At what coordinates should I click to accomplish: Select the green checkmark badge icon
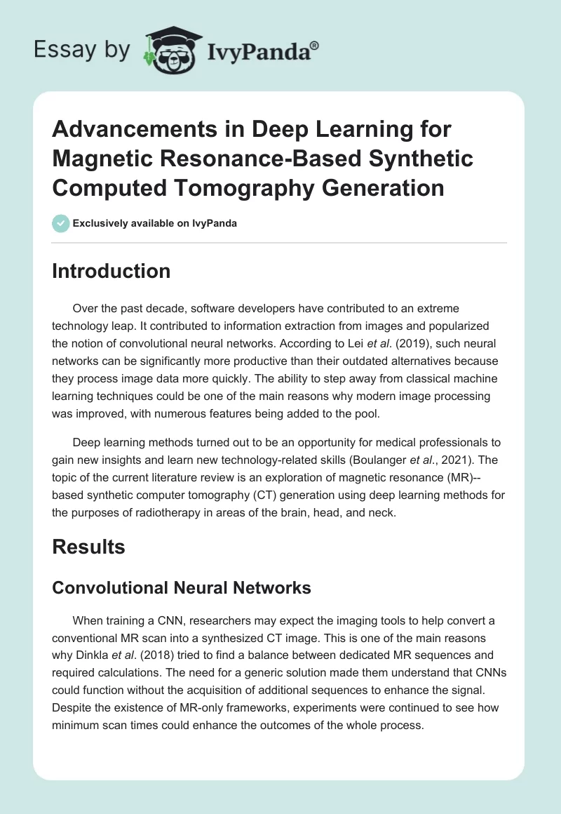[x=60, y=223]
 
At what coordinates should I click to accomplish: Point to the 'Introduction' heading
[x=111, y=271]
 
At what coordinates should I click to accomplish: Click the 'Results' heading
[x=88, y=547]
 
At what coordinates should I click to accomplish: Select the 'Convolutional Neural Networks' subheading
[x=182, y=587]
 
